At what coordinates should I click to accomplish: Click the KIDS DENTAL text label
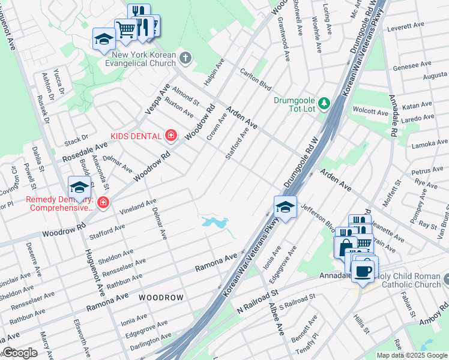135,136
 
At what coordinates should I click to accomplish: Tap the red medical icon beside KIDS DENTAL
171,136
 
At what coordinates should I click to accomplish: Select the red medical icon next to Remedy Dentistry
103,203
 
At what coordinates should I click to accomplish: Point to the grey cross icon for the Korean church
186,58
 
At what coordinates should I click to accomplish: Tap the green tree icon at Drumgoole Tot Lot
324,104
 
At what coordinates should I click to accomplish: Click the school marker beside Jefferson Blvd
286,208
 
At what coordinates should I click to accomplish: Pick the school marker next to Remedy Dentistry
79,188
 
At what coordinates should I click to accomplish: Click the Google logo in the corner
19,353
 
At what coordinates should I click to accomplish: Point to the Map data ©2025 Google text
412,355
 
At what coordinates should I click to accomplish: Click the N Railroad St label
258,298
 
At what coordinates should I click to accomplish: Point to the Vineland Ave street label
137,206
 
